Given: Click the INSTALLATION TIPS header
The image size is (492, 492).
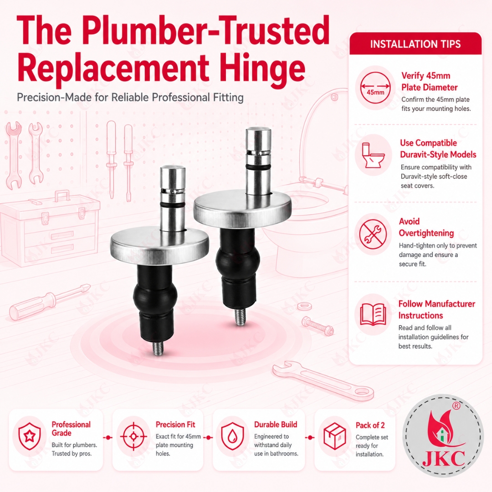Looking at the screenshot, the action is (415, 44).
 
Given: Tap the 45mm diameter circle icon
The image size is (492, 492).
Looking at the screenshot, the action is (375, 87).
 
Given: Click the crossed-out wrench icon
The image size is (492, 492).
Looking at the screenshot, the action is (373, 234).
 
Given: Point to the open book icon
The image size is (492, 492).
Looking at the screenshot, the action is (373, 314).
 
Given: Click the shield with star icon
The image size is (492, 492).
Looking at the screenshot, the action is (30, 436).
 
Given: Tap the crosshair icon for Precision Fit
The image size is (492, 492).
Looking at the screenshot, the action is (133, 436).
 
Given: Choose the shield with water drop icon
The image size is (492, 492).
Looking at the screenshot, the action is (232, 436).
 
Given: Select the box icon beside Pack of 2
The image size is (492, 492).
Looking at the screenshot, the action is (334, 436).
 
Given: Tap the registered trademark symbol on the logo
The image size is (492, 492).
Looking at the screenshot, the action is (456, 406).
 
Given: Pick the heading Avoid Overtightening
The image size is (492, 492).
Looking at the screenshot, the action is (426, 227).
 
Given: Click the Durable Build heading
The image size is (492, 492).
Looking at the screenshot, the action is (276, 425).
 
